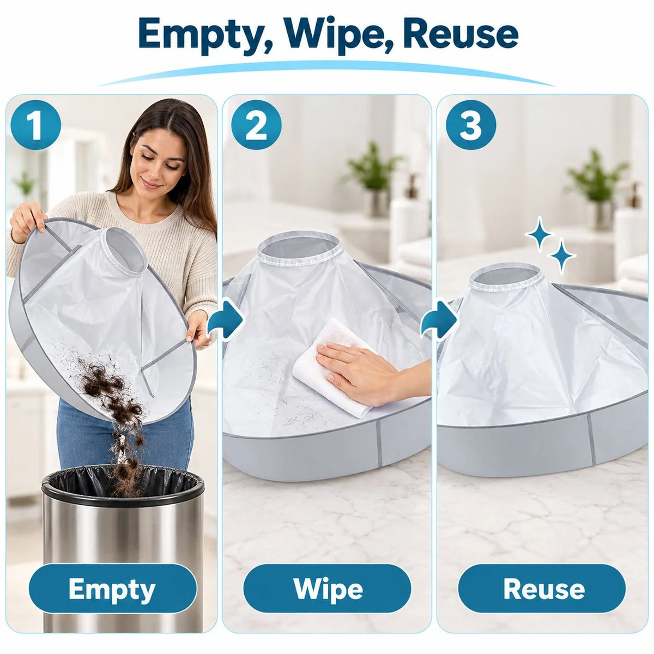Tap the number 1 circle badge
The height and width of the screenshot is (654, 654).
(x=36, y=125)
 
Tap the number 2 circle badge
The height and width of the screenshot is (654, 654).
(x=256, y=125)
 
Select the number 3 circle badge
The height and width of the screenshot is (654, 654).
(x=471, y=125)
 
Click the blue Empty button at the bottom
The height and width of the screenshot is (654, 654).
(x=113, y=589)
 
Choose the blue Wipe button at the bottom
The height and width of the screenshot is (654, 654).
(x=327, y=589)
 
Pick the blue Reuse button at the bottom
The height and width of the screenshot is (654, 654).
(x=542, y=589)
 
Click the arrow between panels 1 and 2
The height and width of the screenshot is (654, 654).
(x=225, y=319)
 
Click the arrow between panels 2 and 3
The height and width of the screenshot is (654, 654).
(x=439, y=319)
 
